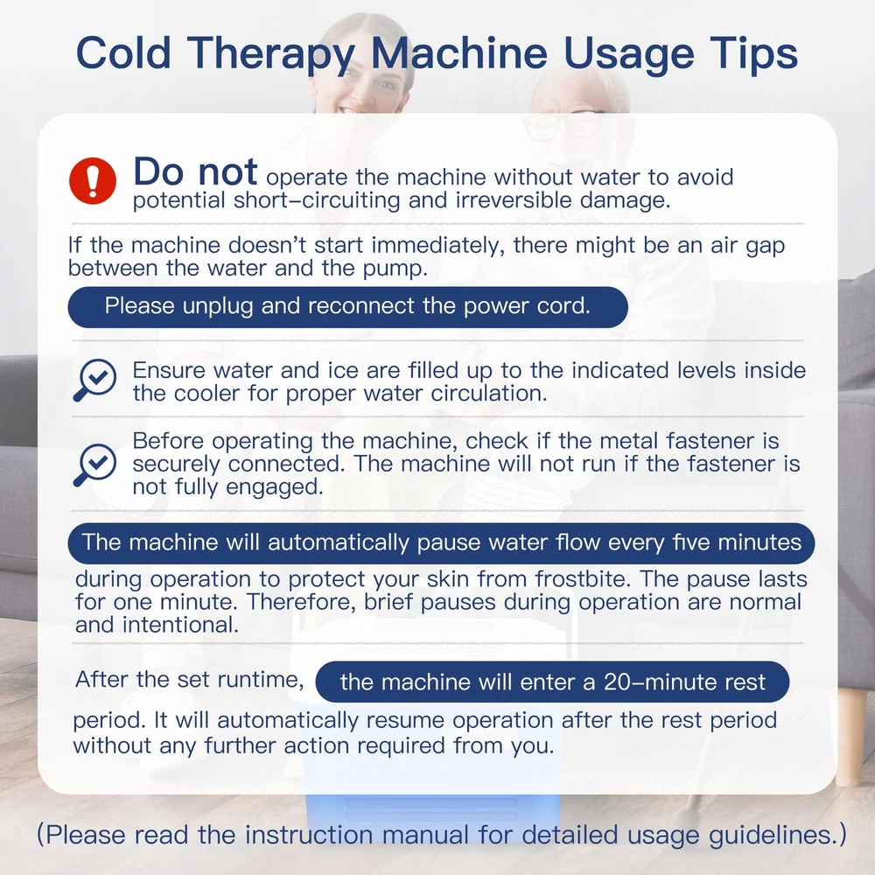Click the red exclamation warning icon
(93, 180)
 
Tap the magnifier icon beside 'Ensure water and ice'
(94, 380)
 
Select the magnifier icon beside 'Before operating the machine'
(94, 465)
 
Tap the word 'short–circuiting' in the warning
(317, 200)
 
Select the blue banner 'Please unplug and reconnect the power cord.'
(347, 307)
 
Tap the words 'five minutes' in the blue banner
(736, 542)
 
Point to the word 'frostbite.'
(583, 579)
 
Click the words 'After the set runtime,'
(190, 680)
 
